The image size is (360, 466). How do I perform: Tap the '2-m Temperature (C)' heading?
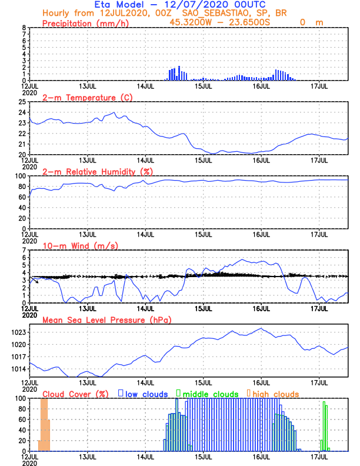82,97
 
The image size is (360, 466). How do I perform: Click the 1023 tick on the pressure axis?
17,332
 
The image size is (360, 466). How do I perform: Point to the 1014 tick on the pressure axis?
17,370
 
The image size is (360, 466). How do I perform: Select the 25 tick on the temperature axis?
21,102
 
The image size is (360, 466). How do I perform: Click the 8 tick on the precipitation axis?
24,28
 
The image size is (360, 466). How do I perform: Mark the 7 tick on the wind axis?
24,250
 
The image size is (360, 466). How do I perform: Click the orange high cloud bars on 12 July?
45,424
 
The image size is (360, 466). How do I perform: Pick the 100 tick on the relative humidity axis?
19,176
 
